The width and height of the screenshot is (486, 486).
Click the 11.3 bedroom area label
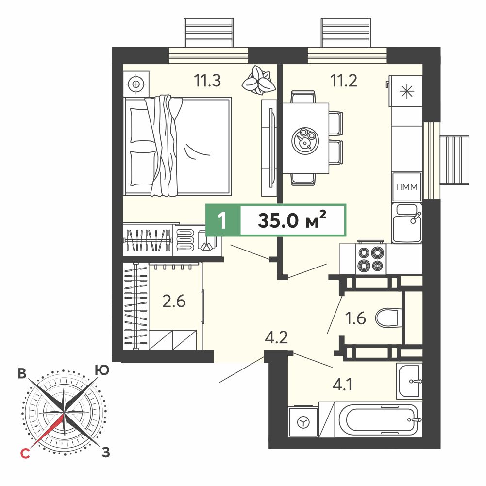pos(207,80)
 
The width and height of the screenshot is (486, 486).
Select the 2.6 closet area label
pos(174,301)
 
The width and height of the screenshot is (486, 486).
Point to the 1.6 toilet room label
pos(356,318)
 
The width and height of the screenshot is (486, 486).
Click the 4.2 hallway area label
pos(276,337)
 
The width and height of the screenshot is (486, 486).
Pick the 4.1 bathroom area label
pos(342,385)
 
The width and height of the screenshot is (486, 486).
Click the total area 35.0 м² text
pos(292,220)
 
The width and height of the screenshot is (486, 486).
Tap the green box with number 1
pos(223,220)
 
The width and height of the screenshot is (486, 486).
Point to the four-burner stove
pos(371,259)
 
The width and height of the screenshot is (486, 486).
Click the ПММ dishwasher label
pos(407,187)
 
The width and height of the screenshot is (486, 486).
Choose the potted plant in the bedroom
pos(258,80)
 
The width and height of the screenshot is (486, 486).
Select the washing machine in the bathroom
pos(303,422)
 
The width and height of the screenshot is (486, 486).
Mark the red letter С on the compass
pos(25,453)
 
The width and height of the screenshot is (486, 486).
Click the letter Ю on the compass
pos(102,370)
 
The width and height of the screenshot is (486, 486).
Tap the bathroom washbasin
pos(409,381)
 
